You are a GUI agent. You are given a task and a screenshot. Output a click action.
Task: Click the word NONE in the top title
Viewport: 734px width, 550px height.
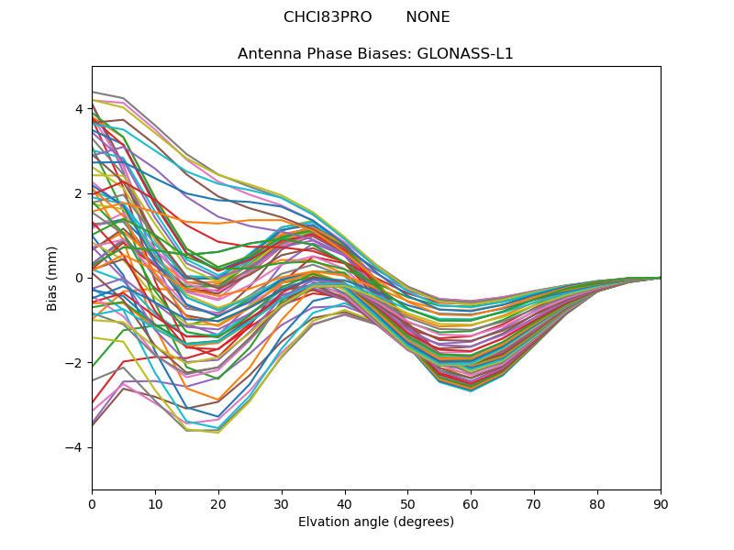pos(428,17)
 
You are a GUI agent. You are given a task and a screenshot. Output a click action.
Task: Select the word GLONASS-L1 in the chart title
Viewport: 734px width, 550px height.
pos(465,54)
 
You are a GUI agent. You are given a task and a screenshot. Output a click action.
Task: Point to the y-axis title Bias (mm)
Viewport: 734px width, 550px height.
pos(53,278)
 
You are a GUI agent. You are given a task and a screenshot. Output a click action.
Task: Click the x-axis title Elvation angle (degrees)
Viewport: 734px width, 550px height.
pos(376,522)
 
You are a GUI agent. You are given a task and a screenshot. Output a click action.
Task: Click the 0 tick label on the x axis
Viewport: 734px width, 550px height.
pos(92,503)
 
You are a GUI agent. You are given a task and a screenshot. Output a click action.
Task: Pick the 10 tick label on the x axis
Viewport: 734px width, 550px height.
pos(155,503)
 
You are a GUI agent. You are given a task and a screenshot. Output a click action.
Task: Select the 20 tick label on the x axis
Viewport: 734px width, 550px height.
pos(218,503)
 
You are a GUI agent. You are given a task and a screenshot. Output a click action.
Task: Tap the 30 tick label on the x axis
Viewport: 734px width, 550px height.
pos(282,503)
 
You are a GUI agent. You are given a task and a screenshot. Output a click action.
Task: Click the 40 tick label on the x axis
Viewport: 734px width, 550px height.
pos(345,503)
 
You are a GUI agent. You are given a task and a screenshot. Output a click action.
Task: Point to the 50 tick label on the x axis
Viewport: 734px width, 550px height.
pos(407,503)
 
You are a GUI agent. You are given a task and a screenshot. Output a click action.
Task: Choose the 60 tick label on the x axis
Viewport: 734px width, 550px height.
pos(471,503)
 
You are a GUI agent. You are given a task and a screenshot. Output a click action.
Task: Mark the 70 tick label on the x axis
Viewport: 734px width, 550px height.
pos(534,503)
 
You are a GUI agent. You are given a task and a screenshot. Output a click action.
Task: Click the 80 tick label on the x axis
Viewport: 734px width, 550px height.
pos(597,503)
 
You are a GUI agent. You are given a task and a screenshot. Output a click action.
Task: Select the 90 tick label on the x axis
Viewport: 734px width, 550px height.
pos(661,503)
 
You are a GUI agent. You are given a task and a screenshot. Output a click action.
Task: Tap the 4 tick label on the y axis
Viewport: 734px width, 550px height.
pos(79,109)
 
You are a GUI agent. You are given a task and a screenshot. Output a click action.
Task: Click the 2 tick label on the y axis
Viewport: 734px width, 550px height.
pos(79,193)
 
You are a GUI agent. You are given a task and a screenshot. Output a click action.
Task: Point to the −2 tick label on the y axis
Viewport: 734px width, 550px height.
pos(75,363)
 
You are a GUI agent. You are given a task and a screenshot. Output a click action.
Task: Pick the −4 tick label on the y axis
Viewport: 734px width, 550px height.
pos(75,447)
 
